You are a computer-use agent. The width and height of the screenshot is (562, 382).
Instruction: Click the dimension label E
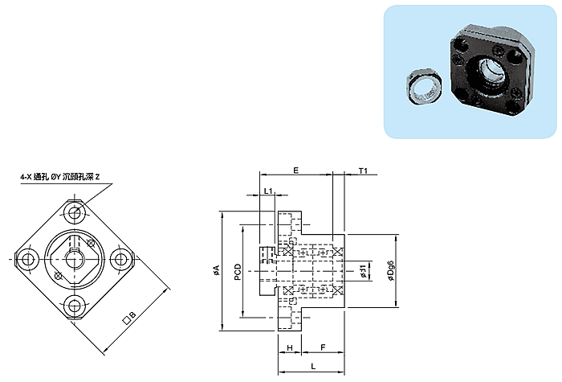[x=296, y=170]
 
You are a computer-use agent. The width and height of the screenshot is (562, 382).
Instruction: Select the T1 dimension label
[x=363, y=170]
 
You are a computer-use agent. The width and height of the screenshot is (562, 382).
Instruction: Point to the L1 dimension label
[x=268, y=191]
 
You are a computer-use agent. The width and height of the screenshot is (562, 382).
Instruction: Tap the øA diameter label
[x=216, y=270]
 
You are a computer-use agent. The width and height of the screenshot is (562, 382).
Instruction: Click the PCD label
[x=238, y=272]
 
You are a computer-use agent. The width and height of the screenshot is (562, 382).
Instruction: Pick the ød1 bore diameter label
[x=363, y=271]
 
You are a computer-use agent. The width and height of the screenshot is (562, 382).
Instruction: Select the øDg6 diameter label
[x=391, y=271]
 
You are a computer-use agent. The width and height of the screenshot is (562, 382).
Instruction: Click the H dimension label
[x=290, y=347]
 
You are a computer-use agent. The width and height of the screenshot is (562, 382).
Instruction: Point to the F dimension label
[x=323, y=347]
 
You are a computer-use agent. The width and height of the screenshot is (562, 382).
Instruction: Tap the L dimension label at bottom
[x=313, y=366]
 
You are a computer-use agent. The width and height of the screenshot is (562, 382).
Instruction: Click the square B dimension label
[x=129, y=318]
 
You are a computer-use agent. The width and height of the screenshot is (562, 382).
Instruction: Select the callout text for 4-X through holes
[x=60, y=177]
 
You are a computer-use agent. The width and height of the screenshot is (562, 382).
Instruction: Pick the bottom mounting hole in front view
[x=75, y=306]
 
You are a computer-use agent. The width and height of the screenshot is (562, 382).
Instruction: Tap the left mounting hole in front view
[x=27, y=259]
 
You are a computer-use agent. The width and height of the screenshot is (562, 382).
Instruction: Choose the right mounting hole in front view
[x=121, y=259]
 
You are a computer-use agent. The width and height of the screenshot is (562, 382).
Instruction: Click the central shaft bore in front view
[x=75, y=259]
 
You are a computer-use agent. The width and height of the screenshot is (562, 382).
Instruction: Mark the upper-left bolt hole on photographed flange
[x=460, y=46]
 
